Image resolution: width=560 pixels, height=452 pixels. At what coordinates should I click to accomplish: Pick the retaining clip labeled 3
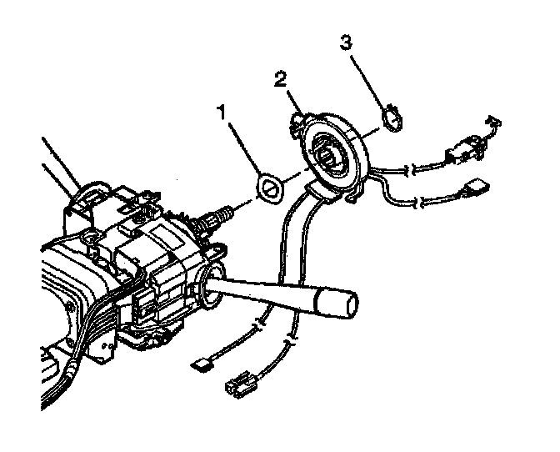[391, 118]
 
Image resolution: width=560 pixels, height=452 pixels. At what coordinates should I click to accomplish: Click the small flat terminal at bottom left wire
[199, 363]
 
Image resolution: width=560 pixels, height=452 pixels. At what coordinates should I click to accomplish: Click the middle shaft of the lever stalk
[267, 292]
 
